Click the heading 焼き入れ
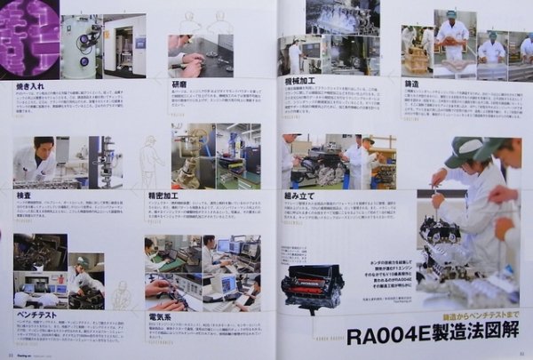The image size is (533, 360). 29,85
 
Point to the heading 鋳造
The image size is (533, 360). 412,83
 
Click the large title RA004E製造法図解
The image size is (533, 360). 432,336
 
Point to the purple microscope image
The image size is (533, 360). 29,38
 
